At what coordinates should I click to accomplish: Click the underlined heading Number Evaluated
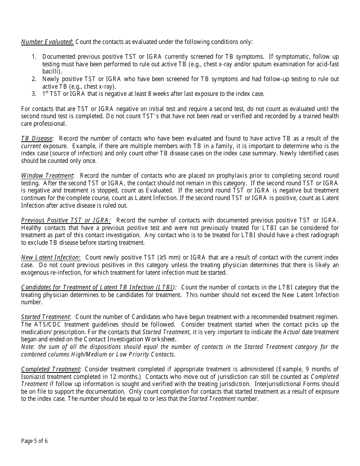coord(47,42)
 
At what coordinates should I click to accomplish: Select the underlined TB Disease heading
coord(37,139)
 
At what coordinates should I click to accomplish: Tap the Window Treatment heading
coord(47,176)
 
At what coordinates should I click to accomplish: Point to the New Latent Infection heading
coord(50,258)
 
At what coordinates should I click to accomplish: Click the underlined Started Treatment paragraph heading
coord(45,317)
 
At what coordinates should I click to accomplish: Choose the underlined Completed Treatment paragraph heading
coord(51,369)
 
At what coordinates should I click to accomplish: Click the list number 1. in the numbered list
coord(34,56)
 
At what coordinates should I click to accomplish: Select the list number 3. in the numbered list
coord(34,94)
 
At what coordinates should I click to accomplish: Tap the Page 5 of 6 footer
coord(34,441)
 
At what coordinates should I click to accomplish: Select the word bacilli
coord(51,71)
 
